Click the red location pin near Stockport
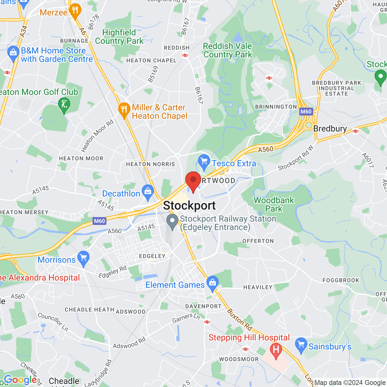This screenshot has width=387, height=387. pos(193,180)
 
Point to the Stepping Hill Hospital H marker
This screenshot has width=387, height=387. pos(276,350)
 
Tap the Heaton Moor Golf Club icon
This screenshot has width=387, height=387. pos(64,105)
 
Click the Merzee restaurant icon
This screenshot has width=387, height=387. pos(75,11)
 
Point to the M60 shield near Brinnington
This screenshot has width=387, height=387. pos(306,112)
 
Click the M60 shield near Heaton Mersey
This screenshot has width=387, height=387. pos(99,221)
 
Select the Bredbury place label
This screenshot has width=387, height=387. pos(330,129)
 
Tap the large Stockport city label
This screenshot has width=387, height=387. pos(190,206)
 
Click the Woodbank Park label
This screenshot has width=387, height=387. pos(274,204)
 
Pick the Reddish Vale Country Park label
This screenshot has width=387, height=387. pos(227,50)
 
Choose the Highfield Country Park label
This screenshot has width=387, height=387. pos(119,37)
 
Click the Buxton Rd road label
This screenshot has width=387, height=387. pos(239,319)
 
